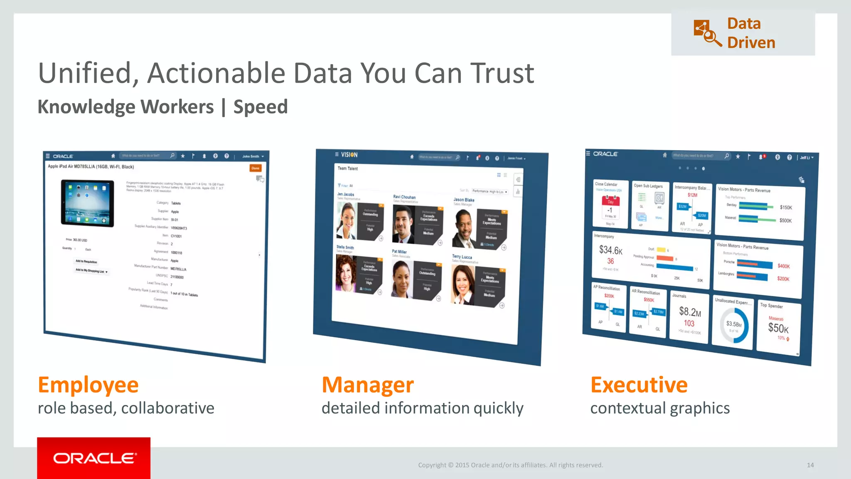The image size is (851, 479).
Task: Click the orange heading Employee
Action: coord(88,385)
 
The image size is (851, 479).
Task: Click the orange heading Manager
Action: coord(368,385)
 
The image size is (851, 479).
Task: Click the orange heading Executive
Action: coord(639,385)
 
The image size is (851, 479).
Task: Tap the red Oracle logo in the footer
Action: coord(94,458)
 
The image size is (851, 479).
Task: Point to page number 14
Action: coord(810,465)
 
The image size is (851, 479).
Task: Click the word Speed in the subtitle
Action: coord(261,107)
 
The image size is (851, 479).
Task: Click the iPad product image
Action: coord(87,202)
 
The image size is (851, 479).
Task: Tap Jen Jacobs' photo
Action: coord(347,220)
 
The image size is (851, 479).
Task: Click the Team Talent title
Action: coord(347,168)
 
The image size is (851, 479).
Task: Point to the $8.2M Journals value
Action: coord(690,311)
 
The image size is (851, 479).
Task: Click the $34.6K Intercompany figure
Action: coord(610,250)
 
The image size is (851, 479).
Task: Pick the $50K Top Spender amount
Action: coord(778,328)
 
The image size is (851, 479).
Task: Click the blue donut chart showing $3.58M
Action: coord(734,325)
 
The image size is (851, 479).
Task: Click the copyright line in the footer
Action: coord(510,465)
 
